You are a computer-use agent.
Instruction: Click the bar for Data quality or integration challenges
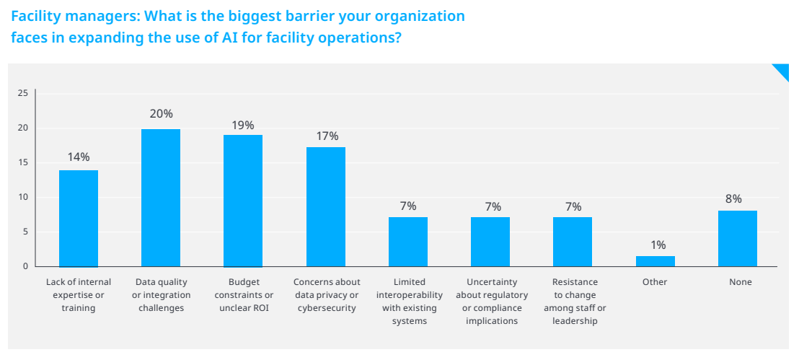161,198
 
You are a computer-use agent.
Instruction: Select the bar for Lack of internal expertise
79,219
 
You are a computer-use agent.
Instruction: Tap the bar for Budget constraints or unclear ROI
243,201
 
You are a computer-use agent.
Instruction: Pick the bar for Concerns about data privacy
326,207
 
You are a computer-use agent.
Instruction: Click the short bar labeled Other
655,261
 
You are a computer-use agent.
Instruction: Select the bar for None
738,239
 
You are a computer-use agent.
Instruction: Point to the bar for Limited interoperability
408,242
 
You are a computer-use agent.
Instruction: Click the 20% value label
161,114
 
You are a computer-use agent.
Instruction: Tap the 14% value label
79,157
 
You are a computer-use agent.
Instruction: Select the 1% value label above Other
658,245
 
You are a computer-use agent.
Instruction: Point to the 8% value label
733,199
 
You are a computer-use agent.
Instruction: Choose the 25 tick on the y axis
22,93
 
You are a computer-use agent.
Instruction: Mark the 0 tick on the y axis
25,266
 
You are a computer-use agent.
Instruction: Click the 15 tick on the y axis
22,162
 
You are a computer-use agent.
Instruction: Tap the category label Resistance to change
575,301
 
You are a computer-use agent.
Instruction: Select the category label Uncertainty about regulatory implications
492,301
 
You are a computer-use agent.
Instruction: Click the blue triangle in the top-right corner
783,71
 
